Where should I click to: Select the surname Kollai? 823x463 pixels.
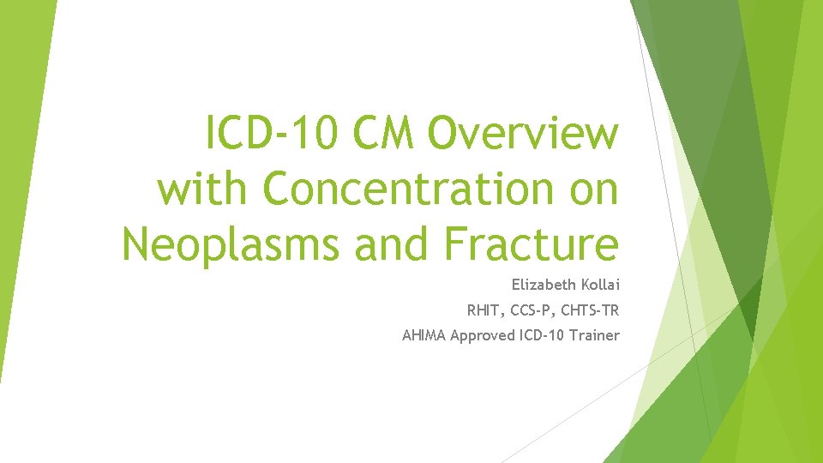click(x=599, y=284)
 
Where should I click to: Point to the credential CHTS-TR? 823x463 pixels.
click(x=592, y=310)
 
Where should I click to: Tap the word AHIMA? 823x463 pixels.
click(x=424, y=335)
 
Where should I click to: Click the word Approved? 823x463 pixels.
click(x=484, y=335)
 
